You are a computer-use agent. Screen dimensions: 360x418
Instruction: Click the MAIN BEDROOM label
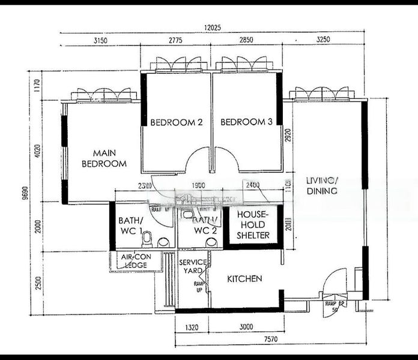[x=104, y=158]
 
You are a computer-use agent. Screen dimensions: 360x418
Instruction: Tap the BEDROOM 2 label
[x=176, y=122]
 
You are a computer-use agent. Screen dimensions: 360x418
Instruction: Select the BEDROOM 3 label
[x=246, y=122]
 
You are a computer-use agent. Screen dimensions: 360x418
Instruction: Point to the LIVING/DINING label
[x=322, y=185]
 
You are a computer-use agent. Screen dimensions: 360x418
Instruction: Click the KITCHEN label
[x=244, y=279]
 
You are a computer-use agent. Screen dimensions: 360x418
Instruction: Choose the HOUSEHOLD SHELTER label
[x=252, y=224]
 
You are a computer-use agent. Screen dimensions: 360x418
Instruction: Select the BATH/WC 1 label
[x=129, y=224]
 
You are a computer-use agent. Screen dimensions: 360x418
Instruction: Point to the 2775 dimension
[x=175, y=41]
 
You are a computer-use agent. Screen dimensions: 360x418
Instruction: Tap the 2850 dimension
[x=247, y=41]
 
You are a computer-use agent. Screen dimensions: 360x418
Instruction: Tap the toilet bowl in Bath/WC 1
[x=147, y=241]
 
